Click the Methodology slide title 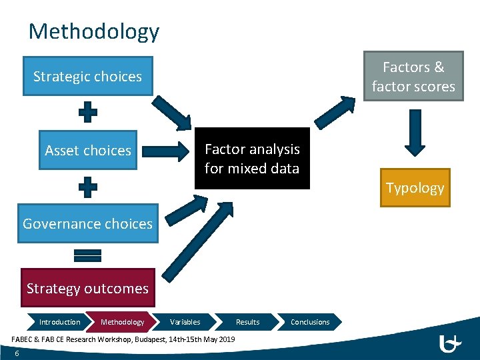point(94,31)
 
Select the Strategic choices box point(87,77)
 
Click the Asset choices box point(88,151)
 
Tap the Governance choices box point(87,224)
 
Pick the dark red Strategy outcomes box point(87,289)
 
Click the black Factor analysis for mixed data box point(252,159)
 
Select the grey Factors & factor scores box point(413,77)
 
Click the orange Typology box point(415,188)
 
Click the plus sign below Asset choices point(88,187)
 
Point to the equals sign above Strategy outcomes point(88,255)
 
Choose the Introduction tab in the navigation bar point(59,322)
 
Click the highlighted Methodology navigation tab point(122,322)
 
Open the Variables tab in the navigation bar point(185,322)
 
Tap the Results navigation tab point(247,322)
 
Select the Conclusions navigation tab point(310,322)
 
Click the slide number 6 point(17,353)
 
